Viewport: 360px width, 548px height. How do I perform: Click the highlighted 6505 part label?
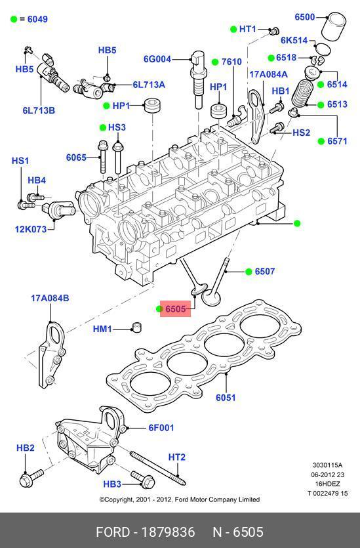[x=175, y=309]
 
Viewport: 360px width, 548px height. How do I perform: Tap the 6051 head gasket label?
[x=226, y=397]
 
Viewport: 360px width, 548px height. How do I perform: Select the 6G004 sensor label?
[x=157, y=58]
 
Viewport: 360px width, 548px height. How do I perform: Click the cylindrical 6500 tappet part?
[x=334, y=27]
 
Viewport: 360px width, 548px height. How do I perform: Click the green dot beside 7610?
[x=215, y=62]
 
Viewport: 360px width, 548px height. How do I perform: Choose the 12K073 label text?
[x=31, y=229]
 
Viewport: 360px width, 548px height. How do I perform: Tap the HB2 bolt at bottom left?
[x=31, y=477]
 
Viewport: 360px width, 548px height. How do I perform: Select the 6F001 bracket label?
[x=161, y=427]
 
